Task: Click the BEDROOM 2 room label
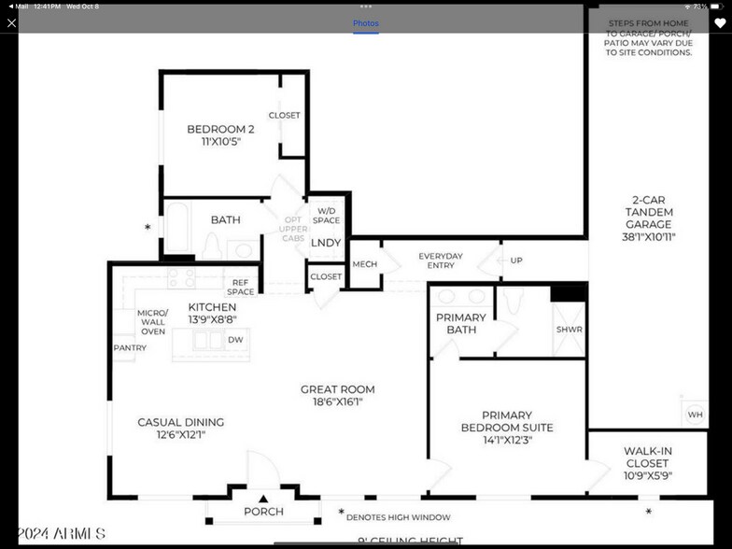(x=220, y=130)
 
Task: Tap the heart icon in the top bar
(x=720, y=23)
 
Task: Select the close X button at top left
(x=12, y=23)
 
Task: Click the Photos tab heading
(x=366, y=23)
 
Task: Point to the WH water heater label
(x=695, y=415)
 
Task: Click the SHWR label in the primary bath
(x=569, y=330)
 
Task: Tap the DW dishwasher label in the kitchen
(x=236, y=340)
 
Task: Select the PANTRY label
(x=130, y=348)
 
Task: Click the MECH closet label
(x=364, y=264)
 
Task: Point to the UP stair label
(x=516, y=260)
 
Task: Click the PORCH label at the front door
(x=263, y=512)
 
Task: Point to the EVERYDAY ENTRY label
(x=441, y=260)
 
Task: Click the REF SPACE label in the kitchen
(x=241, y=287)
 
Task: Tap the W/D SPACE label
(x=326, y=216)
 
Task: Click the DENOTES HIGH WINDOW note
(x=398, y=517)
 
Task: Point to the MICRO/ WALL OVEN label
(x=152, y=322)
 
